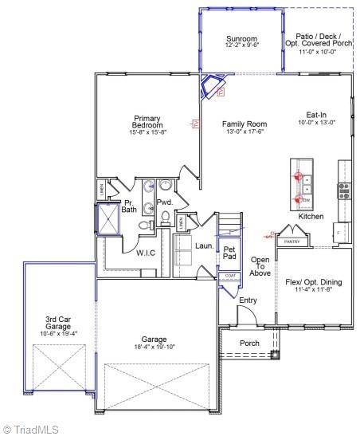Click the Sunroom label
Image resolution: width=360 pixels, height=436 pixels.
(x=241, y=39)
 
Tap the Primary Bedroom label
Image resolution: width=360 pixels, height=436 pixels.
(x=148, y=122)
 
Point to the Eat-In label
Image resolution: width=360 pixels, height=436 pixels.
(x=316, y=114)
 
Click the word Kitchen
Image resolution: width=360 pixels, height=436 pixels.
(x=311, y=217)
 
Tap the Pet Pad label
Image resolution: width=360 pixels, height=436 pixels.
(x=229, y=253)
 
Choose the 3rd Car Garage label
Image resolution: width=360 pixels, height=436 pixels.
(x=57, y=323)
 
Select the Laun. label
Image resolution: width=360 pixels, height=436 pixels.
(x=204, y=246)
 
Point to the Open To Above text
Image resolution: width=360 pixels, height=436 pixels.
(x=260, y=266)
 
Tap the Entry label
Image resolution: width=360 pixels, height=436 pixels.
(x=248, y=300)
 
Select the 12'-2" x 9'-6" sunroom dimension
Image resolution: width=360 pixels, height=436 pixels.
(x=241, y=45)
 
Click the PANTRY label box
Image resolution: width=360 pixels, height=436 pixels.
(x=292, y=241)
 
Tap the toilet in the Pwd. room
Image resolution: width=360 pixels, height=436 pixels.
(x=166, y=217)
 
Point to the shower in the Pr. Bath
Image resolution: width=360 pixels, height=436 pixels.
(x=107, y=219)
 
